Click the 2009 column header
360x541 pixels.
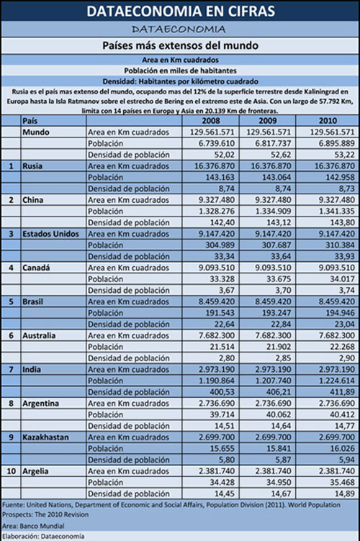click(268, 121)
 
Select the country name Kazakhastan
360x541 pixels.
click(45, 437)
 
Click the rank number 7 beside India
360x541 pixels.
click(11, 370)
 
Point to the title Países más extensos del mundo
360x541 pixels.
click(180, 45)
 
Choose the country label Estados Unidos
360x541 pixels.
click(50, 234)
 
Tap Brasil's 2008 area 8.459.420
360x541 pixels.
click(217, 301)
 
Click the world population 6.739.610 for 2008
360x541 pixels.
click(217, 144)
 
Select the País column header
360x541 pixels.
click(30, 121)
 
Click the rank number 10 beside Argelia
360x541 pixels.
click(11, 471)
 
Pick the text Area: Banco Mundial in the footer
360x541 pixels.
click(33, 526)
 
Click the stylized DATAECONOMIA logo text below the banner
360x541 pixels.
click(179, 29)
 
